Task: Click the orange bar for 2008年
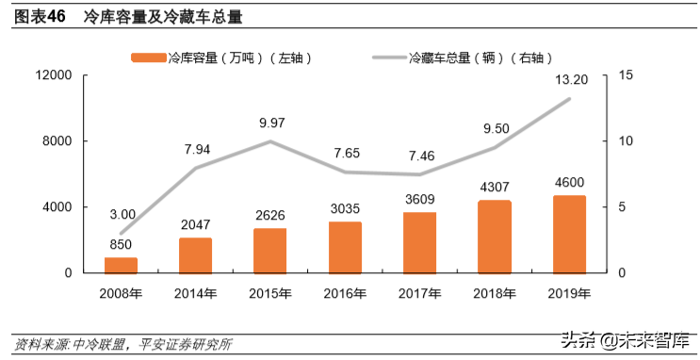point(121,265)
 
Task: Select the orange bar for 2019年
point(569,235)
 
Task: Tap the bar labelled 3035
point(345,247)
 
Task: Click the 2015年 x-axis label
point(270,293)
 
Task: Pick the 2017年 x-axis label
point(419,293)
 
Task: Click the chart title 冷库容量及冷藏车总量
point(162,16)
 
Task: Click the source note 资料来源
point(122,343)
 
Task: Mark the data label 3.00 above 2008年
point(122,214)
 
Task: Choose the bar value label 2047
point(196,224)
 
